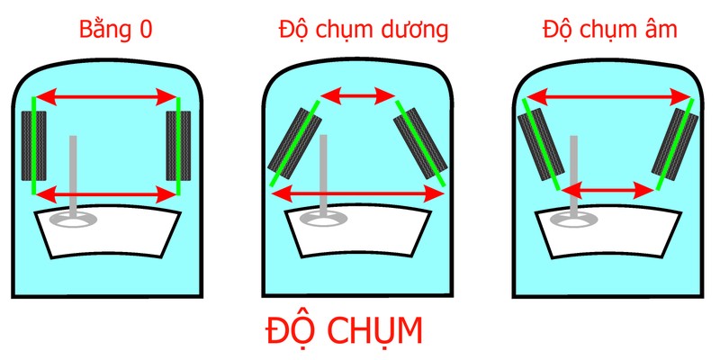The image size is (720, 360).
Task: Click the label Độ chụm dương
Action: [x=363, y=30]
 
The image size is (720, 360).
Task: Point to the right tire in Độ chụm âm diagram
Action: [x=676, y=144]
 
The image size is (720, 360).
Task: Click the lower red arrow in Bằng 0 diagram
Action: [x=106, y=192]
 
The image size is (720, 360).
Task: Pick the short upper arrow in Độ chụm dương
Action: [x=358, y=93]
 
